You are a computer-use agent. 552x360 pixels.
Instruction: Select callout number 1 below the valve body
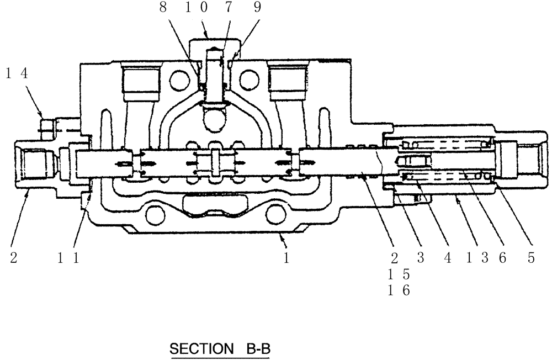coord(286,257)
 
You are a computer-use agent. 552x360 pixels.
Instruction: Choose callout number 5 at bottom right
coord(531,257)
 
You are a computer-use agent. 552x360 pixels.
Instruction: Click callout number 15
coord(399,274)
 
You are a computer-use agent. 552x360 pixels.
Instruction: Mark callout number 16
coord(399,290)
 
